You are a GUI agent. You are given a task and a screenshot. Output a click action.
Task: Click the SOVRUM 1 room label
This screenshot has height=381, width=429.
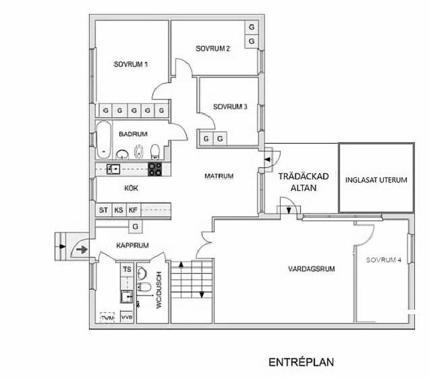point(131,65)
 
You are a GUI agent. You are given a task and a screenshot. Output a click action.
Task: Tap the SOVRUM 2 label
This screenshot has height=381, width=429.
point(212,49)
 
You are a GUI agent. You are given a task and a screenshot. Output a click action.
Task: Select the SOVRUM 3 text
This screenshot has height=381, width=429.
point(230,107)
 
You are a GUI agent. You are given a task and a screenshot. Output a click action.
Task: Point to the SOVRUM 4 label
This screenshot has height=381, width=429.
point(384,260)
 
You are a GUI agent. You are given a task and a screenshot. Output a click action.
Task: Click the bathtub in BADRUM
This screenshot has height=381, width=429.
point(104,140)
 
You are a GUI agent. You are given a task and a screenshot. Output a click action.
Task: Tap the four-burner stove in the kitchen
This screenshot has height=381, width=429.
point(155,169)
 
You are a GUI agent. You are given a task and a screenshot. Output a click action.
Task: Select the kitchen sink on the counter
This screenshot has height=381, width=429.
point(113,169)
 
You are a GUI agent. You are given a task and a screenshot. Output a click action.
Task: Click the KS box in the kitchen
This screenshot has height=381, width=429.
point(119,210)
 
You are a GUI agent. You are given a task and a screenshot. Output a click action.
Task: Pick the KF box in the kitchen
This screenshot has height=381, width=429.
point(134,210)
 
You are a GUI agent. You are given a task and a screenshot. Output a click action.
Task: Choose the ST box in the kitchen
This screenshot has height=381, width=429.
point(103,210)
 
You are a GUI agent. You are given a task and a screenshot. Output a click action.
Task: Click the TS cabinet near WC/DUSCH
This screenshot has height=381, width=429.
point(127,270)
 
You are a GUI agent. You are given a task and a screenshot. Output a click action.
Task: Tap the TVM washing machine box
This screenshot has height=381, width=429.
point(107,318)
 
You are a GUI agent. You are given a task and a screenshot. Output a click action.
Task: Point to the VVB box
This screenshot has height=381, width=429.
point(127,317)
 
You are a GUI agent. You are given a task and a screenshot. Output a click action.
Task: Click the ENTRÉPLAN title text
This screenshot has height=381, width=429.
point(302,362)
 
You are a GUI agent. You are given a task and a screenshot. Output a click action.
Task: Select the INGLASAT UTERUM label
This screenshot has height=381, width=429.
point(376,180)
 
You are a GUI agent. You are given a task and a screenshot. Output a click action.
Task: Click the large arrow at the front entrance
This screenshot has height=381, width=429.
point(82,250)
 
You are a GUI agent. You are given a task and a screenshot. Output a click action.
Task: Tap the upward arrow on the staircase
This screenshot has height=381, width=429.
point(181,264)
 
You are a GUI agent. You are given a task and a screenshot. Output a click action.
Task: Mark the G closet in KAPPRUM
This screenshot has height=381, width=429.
point(135,227)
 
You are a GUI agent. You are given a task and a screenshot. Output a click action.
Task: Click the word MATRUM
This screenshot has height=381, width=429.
point(219,176)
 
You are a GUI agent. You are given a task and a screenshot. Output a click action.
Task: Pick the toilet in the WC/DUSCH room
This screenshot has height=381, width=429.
point(144,287)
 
